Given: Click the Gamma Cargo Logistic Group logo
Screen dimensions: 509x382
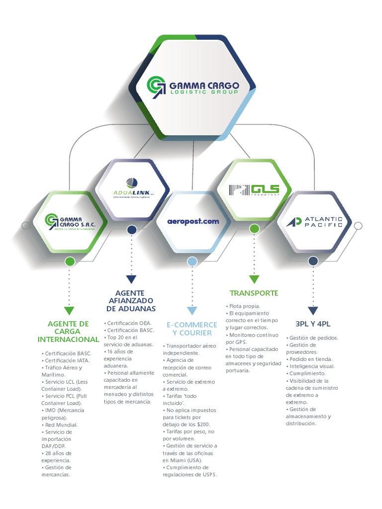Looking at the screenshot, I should coord(193,85).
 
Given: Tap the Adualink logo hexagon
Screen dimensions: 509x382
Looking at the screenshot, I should coord(132,189).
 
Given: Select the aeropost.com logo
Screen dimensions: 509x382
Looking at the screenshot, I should coord(193,221).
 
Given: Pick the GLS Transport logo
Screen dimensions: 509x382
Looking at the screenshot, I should coord(254,190).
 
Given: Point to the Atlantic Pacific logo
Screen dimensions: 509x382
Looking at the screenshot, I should coord(314,222).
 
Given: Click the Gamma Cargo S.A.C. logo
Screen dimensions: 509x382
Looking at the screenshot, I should coord(70,221).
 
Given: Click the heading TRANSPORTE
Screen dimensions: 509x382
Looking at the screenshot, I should coord(254,293).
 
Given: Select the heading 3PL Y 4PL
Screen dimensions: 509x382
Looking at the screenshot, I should coord(313,324).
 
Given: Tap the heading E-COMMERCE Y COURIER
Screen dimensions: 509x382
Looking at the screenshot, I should coord(192,329).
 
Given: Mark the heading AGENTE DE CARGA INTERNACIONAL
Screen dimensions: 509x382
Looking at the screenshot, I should coord(68,332).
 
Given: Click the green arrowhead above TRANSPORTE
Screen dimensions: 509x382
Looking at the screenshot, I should coord(254,279).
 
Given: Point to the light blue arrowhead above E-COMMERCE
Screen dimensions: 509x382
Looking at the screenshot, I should coord(192,311).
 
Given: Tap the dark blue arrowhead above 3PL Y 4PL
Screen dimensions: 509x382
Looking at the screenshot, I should coord(313,311).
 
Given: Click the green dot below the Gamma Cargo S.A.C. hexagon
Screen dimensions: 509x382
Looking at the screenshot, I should coord(70,261).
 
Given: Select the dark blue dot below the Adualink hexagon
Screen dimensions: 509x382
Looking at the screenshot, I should coord(132,230).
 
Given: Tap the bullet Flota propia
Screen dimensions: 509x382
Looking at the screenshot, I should coord(244,306).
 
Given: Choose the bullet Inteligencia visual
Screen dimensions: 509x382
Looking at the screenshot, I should coord(312,366).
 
